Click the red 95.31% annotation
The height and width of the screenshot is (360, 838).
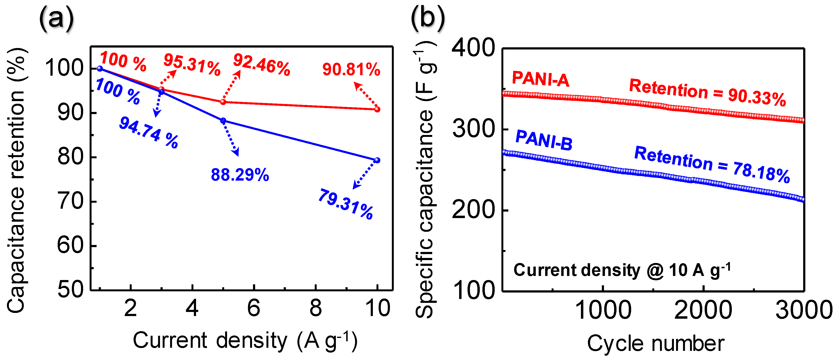[x=192, y=65]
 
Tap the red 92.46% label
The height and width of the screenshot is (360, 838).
[x=262, y=65]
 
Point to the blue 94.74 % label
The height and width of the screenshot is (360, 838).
[x=149, y=133]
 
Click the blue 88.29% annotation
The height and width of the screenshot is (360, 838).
[x=240, y=175]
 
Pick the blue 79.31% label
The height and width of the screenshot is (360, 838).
[x=345, y=204]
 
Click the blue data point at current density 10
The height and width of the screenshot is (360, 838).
[x=377, y=160]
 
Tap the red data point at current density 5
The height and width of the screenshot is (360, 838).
[x=223, y=102]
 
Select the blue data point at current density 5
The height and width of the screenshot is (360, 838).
[x=223, y=121]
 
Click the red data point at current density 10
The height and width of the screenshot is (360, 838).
[x=377, y=109]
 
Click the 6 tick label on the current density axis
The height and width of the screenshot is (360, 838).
[x=254, y=308]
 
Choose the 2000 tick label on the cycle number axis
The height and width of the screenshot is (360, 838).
[x=703, y=310]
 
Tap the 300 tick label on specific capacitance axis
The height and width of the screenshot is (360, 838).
[x=474, y=129]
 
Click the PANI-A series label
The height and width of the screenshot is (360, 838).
[x=540, y=79]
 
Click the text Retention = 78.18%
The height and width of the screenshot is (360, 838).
[x=712, y=165]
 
